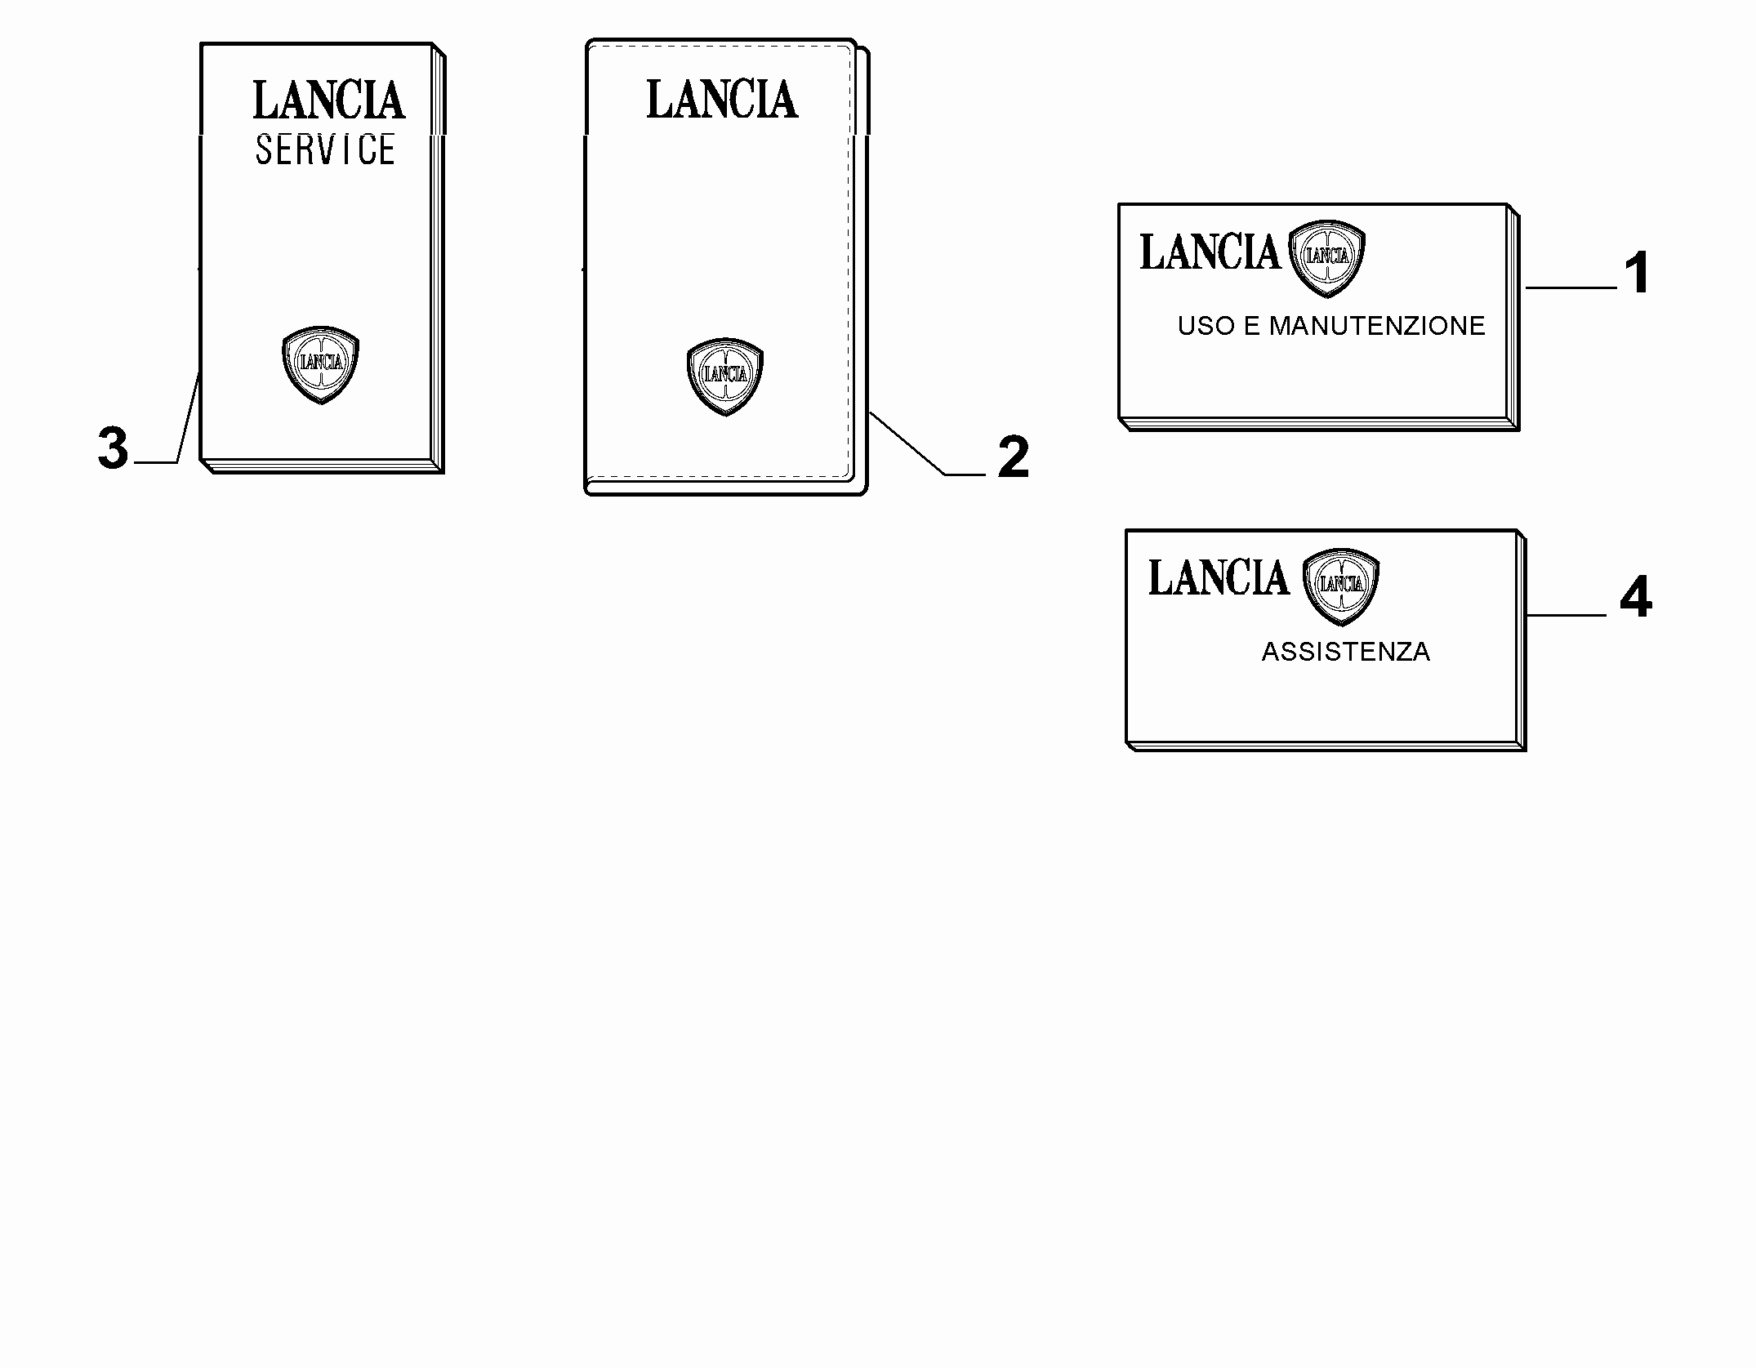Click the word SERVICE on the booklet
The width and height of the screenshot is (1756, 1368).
[x=325, y=150]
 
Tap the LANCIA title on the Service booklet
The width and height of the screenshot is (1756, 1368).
[x=328, y=100]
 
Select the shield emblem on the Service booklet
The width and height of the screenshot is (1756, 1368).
[x=320, y=364]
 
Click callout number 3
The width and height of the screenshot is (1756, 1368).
[x=113, y=448]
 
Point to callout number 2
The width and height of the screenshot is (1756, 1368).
[x=1013, y=457]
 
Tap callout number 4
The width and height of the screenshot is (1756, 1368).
[x=1636, y=598]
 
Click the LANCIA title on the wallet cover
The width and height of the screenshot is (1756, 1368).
[x=722, y=100]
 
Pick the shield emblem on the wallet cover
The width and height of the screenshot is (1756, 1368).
[x=725, y=377]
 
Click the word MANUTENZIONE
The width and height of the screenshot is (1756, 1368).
[x=1377, y=326]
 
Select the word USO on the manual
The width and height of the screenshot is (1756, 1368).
[x=1206, y=326]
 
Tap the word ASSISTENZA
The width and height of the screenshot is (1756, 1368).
[x=1346, y=652]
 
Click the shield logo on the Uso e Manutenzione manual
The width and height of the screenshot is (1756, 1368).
[x=1327, y=259]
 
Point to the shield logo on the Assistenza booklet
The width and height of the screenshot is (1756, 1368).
[x=1341, y=586]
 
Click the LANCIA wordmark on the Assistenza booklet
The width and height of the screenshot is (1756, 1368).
[x=1219, y=578]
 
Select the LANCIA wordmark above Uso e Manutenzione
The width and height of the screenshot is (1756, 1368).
[x=1210, y=252]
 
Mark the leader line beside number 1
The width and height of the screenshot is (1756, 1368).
[x=1571, y=287]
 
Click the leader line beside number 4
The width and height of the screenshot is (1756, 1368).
[x=1566, y=615]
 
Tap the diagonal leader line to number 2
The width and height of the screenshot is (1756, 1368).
[x=927, y=443]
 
